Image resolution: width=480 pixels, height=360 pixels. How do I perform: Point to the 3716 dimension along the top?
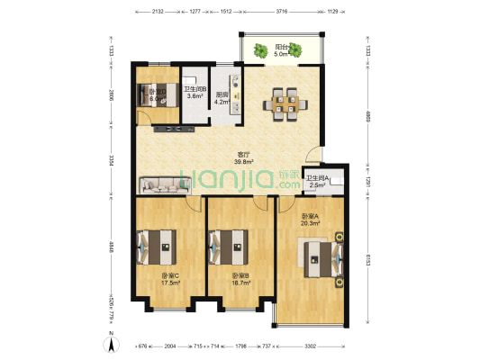point(281,13)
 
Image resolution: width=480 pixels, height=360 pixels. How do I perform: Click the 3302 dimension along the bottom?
point(310,346)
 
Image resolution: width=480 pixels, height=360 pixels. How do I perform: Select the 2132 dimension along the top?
point(158,13)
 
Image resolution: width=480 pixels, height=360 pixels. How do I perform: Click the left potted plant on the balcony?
point(256,49)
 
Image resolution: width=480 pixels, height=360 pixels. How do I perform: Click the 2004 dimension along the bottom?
point(170,346)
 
